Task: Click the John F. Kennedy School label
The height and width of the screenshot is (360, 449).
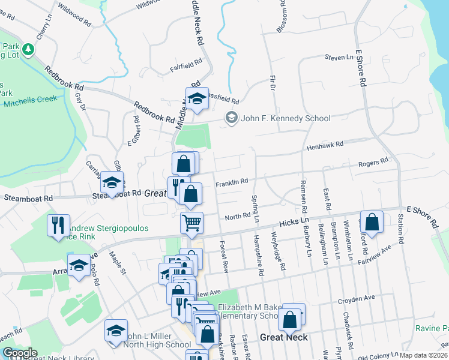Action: [286, 118]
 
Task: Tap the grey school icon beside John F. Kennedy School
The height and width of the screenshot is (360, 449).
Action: [231, 118]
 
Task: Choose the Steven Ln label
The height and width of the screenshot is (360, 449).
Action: [339, 58]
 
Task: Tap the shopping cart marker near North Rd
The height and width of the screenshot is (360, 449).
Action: [192, 223]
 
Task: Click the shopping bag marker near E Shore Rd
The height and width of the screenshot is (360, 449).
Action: [372, 221]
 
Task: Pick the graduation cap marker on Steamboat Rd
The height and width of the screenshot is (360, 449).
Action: [112, 182]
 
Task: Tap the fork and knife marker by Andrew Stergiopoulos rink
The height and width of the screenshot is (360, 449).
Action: [59, 226]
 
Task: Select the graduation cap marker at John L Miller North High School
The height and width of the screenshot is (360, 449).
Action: [116, 331]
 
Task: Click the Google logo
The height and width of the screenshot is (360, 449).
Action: [20, 353]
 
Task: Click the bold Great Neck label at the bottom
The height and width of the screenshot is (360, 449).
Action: [283, 337]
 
